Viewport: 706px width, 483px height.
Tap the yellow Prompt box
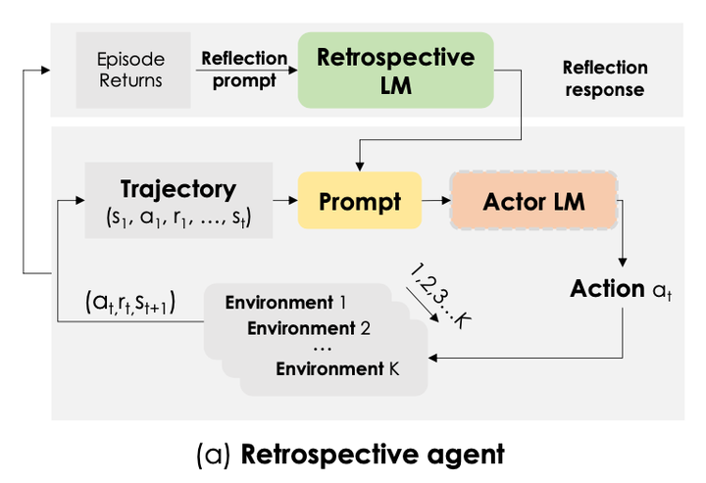[x=360, y=202]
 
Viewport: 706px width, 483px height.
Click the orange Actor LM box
[x=533, y=202]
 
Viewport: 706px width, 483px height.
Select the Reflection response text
[x=604, y=78]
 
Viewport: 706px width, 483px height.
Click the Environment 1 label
[x=285, y=302]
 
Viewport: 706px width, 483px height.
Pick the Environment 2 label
[x=308, y=328]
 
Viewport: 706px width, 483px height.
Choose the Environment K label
[x=337, y=369]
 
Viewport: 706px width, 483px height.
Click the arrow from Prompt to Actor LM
[x=434, y=201]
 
